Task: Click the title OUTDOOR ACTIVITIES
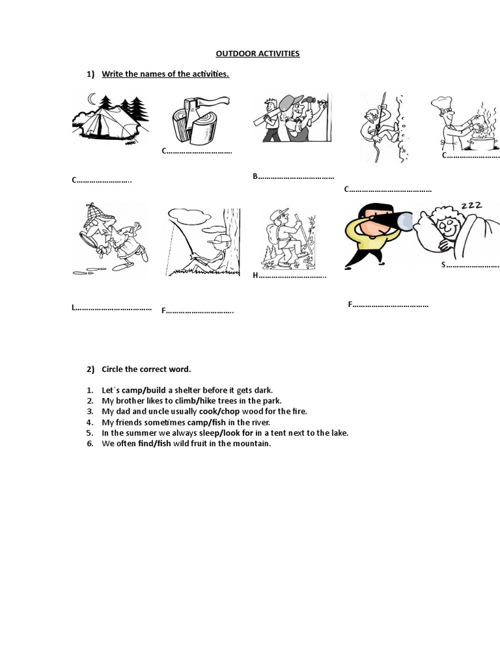click(258, 53)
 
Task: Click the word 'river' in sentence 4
click(258, 422)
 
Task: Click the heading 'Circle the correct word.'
click(146, 369)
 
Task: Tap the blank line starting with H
click(290, 276)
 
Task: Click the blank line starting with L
click(112, 308)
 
